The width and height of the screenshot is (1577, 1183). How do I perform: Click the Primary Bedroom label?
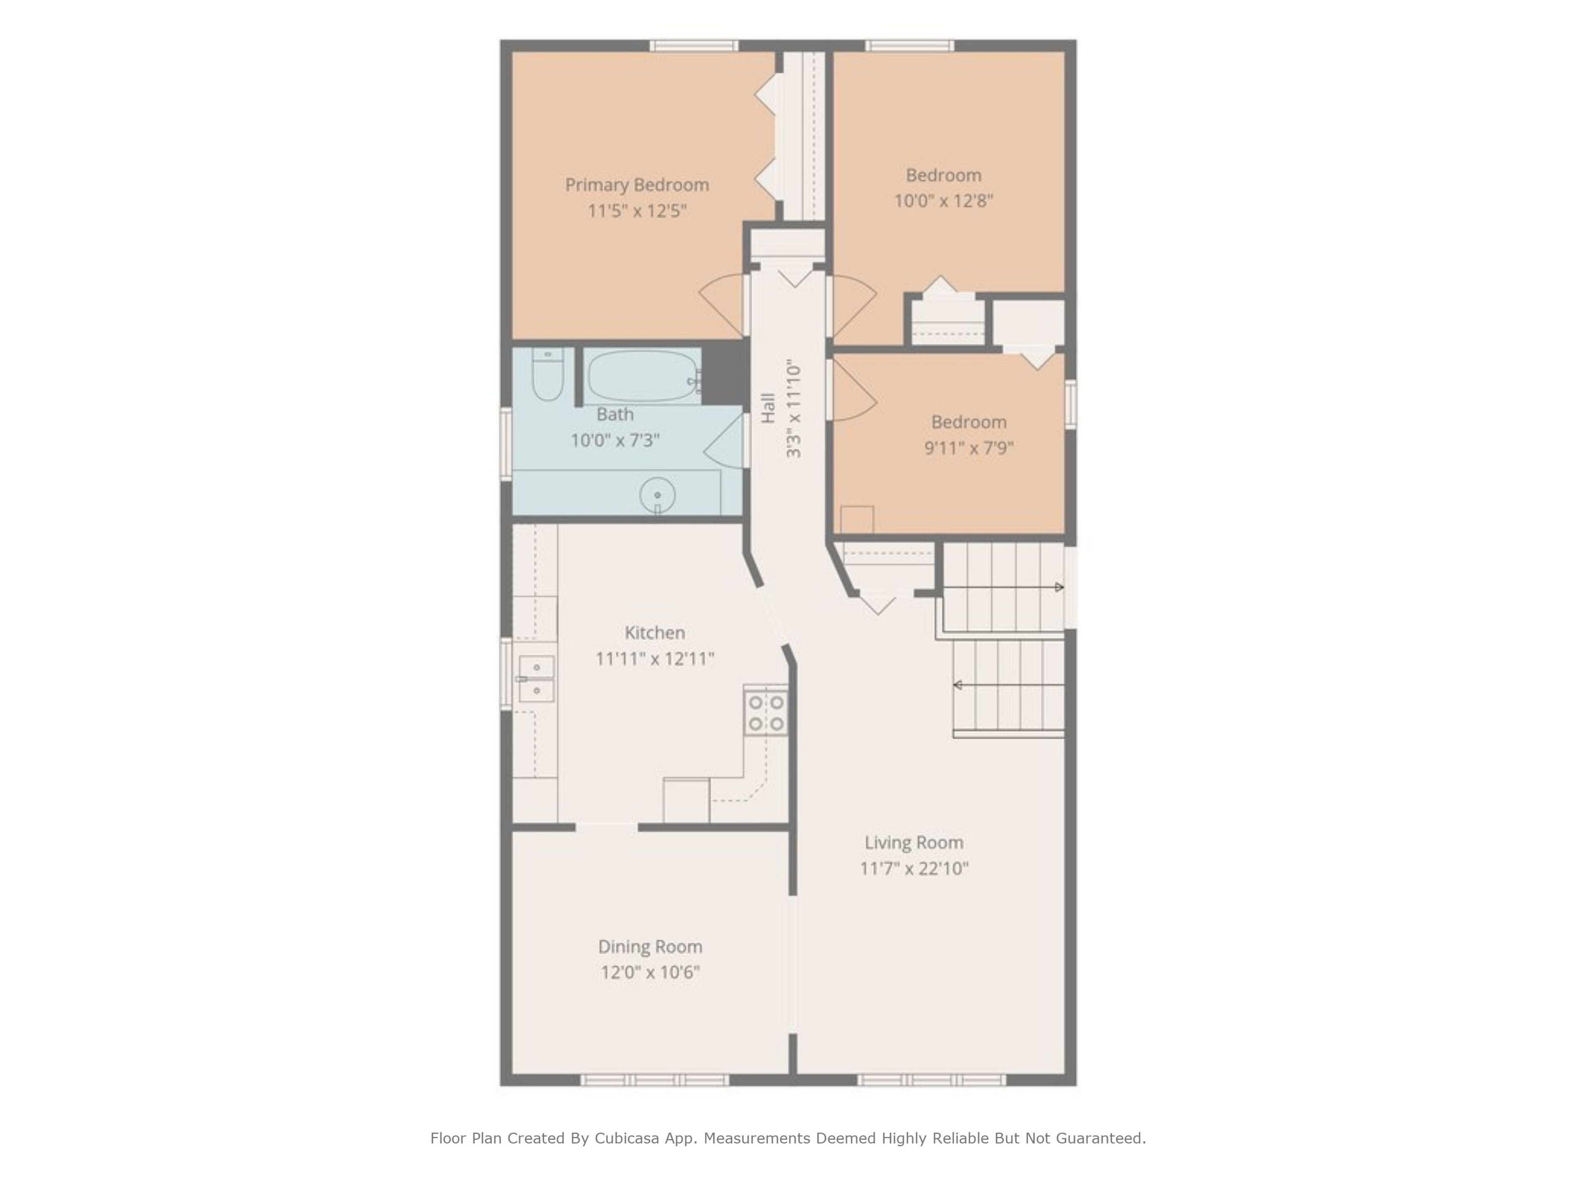[637, 185]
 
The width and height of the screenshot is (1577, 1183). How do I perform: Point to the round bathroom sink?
[657, 495]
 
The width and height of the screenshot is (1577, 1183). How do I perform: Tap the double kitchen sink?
[536, 679]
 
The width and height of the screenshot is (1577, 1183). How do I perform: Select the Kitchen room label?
[655, 633]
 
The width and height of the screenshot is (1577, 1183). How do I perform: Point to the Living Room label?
[914, 842]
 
